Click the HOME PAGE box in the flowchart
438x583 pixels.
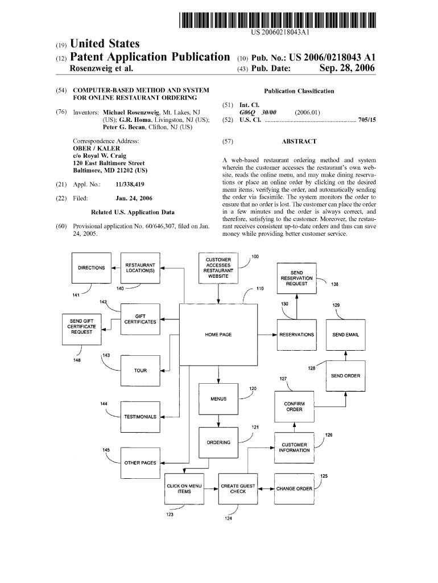coord(218,334)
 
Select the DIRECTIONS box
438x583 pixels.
coord(91,268)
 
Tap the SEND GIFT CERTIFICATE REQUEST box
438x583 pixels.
coord(81,329)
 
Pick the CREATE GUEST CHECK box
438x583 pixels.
coord(238,488)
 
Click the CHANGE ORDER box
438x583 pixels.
coord(294,488)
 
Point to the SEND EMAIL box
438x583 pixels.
coord(345,334)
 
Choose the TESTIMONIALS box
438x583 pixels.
coord(140,416)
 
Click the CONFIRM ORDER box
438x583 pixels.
coord(294,407)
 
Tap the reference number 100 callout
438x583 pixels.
coord(255,257)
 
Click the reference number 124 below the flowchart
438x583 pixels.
coord(228,519)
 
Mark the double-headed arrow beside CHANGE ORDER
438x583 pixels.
coord(265,488)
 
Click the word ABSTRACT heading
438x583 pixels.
coord(299,141)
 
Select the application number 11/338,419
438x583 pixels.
coord(129,184)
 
